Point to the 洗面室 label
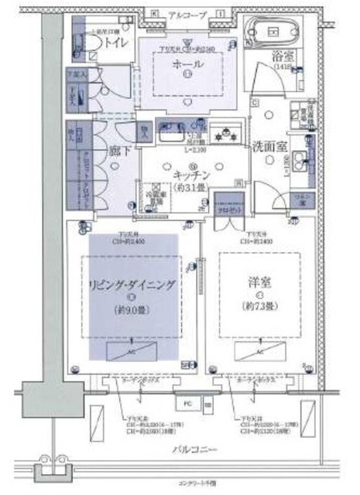(x=269, y=145)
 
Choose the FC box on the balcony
(x=187, y=403)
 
